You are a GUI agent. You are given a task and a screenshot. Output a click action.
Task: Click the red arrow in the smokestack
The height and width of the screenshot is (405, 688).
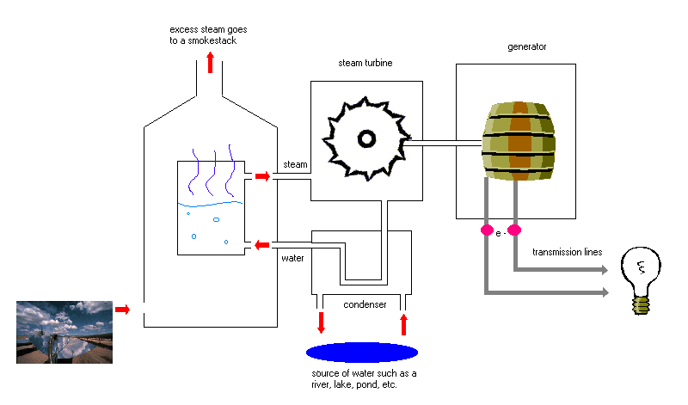pos(210,62)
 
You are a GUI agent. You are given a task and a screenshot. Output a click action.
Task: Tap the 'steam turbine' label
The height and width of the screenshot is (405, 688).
pos(365,63)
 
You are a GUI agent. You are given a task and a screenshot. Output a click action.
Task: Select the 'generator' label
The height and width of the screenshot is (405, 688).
pos(526,47)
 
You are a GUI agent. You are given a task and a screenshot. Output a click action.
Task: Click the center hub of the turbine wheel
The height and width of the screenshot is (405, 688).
pos(366,138)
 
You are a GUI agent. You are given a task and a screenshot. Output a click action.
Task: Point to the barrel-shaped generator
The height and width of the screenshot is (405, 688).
pos(519,141)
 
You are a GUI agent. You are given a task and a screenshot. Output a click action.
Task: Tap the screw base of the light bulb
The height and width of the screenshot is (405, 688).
pos(641,305)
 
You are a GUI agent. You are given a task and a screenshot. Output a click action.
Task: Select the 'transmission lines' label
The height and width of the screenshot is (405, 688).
pos(567,252)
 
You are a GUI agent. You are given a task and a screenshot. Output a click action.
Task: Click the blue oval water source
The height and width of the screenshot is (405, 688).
pos(361,352)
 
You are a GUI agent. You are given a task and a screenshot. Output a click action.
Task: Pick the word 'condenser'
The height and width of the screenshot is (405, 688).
pos(365,304)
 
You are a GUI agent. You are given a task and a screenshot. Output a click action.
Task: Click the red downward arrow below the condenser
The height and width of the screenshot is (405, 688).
pos(321,322)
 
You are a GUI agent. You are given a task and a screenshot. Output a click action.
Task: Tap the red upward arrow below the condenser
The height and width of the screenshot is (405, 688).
pos(403,324)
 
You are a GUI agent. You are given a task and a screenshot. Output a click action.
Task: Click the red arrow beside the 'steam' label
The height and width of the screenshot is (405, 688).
pos(262,176)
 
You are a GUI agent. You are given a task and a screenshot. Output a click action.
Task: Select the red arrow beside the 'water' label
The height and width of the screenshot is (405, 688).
pos(262,245)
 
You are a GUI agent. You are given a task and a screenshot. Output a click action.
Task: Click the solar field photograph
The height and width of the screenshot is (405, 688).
pos(64,332)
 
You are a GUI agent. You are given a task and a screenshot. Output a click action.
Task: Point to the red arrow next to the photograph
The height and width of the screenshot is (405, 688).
pos(122,310)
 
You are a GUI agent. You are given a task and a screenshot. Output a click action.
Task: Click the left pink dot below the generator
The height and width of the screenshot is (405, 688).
pos(487,230)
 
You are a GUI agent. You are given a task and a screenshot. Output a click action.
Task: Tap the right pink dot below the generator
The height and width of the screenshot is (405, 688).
pos(514,230)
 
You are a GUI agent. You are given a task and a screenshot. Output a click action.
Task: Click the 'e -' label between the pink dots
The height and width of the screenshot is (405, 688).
pos(501,233)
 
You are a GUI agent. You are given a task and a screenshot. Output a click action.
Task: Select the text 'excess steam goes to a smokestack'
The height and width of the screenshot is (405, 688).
pos(208,35)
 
